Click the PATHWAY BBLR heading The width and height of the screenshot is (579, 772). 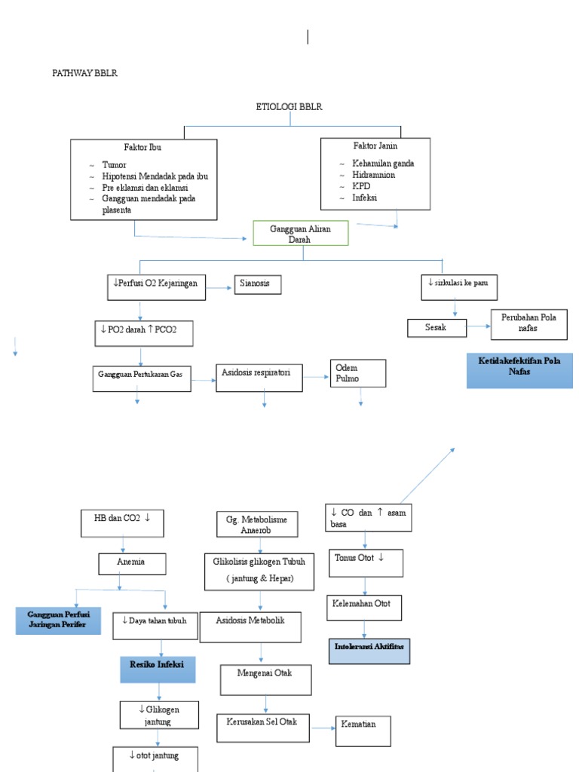point(84,73)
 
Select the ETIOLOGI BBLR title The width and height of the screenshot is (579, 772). point(289,107)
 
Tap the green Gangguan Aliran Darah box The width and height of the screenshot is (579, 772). point(300,233)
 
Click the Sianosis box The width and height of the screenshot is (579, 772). point(258,284)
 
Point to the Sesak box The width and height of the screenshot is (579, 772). point(437,328)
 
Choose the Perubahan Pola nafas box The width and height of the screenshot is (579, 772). point(528,323)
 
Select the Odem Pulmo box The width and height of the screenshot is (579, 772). point(357,372)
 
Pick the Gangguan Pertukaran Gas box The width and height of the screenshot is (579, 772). point(142,375)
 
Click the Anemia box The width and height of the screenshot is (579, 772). point(131,562)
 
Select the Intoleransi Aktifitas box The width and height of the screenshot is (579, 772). point(369,650)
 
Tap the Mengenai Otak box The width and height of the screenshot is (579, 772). point(265,679)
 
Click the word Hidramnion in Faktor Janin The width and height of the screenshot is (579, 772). point(374,174)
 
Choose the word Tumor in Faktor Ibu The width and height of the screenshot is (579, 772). point(114,164)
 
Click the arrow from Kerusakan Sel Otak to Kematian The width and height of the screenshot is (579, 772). point(324,728)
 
